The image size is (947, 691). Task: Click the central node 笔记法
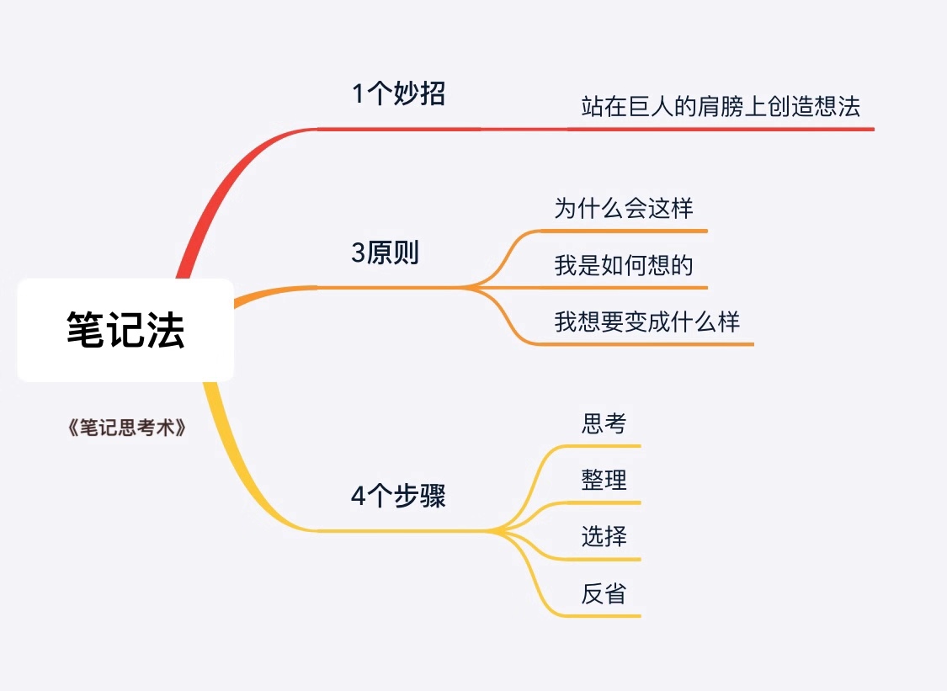[125, 330]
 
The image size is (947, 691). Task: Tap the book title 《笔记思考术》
[127, 428]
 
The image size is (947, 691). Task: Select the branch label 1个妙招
[399, 93]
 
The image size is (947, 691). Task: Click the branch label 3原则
[386, 252]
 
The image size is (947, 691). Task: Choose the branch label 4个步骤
[399, 496]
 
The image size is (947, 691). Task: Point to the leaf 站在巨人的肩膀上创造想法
[721, 106]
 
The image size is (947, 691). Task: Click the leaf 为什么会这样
[624, 209]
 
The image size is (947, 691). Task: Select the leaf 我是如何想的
[624, 265]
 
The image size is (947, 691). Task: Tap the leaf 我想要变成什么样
[646, 322]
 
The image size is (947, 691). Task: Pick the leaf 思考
[604, 423]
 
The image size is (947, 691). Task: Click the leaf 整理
[604, 481]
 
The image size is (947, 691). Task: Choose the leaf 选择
[604, 536]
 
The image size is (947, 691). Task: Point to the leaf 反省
[604, 593]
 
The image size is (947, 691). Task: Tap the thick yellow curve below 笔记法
[241, 477]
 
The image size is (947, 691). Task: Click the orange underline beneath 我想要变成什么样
[644, 344]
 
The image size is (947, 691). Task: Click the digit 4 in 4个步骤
[359, 497]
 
